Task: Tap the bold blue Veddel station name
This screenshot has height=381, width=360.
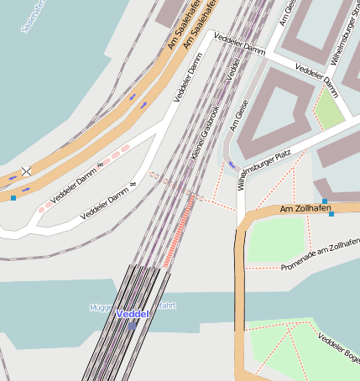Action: [x=133, y=314]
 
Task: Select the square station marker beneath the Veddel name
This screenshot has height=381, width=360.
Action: [x=133, y=326]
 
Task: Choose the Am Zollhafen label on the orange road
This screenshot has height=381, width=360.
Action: [x=305, y=208]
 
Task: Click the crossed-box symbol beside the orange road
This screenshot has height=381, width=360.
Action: [x=26, y=171]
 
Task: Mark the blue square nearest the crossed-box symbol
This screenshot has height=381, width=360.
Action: [x=13, y=198]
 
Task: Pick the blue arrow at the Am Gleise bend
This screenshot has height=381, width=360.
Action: [x=232, y=165]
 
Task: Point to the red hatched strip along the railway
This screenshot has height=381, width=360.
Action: [x=180, y=230]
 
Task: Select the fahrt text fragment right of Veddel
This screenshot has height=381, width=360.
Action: [x=166, y=305]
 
